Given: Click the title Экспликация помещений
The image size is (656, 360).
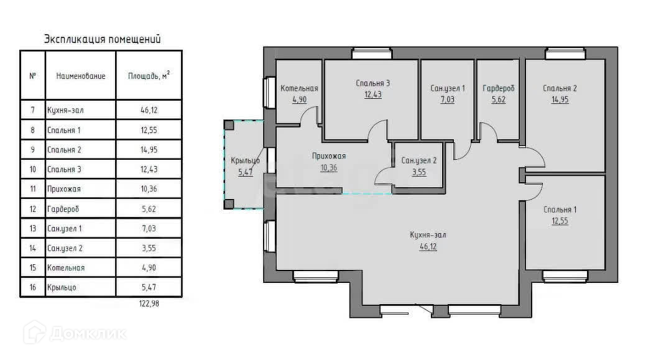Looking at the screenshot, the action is (103, 39).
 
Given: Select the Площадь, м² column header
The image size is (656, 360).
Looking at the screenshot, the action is (149, 76).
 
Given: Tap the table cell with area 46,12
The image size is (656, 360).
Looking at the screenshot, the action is (149, 111).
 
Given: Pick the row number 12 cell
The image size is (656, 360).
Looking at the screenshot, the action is (32, 209).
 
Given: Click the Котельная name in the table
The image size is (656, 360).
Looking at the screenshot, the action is (66, 267).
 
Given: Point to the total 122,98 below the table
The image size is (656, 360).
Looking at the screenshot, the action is (149, 303).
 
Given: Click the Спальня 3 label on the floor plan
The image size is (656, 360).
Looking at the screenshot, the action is (372, 83).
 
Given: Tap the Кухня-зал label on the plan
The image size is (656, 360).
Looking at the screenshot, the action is (428, 235).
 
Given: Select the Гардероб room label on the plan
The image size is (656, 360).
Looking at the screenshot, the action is (498, 89).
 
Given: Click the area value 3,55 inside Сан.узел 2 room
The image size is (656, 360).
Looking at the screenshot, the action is (419, 172).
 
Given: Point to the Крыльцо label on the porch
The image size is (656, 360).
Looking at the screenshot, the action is (245, 160).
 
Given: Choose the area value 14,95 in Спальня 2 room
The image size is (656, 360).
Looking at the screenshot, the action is (560, 99).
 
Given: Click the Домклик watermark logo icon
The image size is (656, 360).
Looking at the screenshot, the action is (35, 333).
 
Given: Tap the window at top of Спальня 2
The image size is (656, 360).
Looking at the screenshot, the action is (565, 54).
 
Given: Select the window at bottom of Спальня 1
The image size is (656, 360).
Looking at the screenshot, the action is (565, 276).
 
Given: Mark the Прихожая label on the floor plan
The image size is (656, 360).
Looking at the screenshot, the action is (329, 157).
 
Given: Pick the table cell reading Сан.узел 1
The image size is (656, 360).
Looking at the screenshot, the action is (65, 229).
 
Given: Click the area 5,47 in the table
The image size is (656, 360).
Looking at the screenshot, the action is (149, 287).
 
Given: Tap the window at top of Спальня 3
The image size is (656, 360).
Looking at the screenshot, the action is (372, 54).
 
